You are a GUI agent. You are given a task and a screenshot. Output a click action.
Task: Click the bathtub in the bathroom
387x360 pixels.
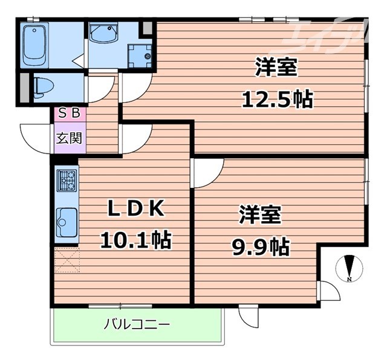click(x=35, y=45)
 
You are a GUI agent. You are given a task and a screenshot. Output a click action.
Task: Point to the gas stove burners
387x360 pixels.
click(x=67, y=180)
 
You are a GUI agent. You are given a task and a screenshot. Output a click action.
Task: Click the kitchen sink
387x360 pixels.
click(x=66, y=222)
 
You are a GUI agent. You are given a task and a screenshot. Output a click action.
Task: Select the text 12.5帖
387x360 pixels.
click(x=276, y=98)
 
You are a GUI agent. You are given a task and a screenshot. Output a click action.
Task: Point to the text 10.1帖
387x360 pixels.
click(x=135, y=240)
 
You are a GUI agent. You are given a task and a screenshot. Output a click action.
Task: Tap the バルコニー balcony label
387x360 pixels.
click(x=136, y=324)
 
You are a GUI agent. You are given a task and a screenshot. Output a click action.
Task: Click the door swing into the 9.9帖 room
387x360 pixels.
click(x=207, y=173)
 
